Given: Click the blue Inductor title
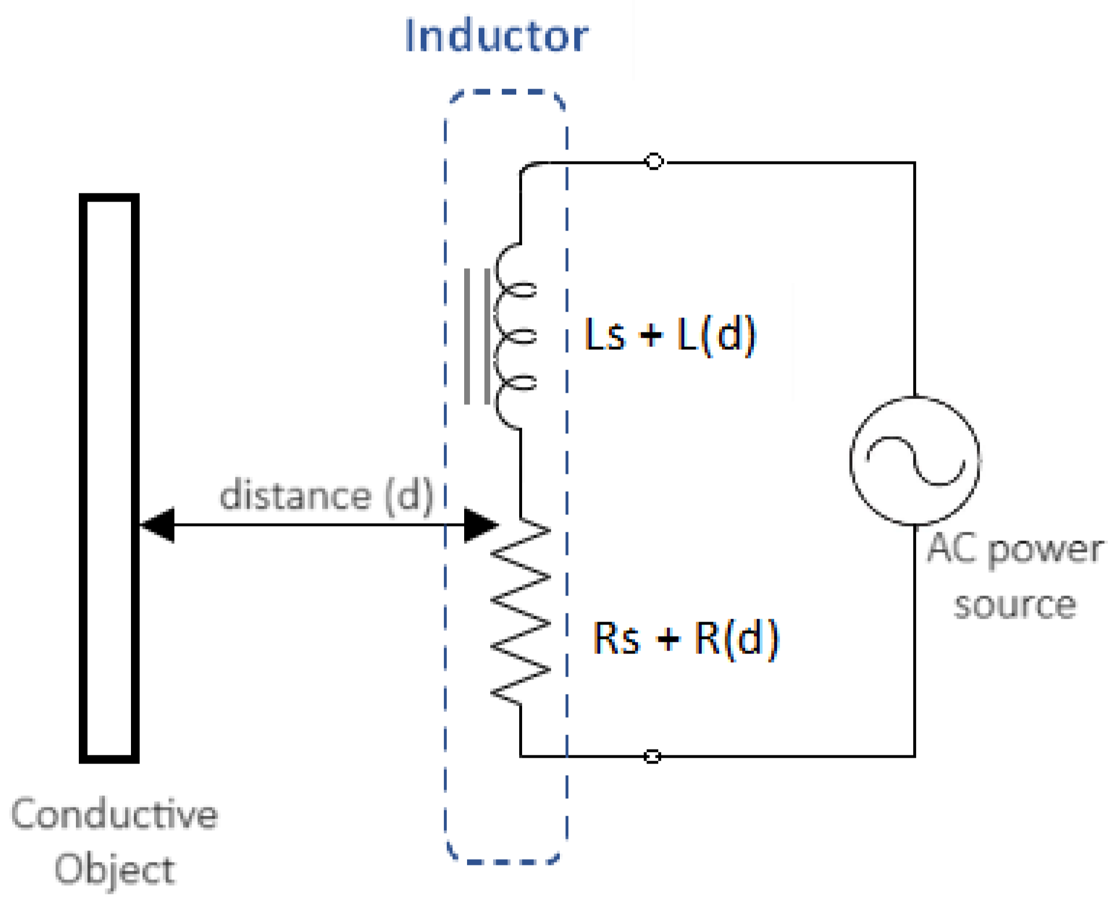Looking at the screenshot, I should [x=496, y=36].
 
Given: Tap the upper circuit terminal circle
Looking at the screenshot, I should [x=654, y=161].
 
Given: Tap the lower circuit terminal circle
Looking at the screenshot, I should [x=652, y=756].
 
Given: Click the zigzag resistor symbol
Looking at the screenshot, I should [x=520, y=611].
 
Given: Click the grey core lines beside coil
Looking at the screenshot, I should [x=477, y=336].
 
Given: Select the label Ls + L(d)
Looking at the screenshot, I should [x=670, y=335].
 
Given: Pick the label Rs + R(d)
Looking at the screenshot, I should [x=685, y=638].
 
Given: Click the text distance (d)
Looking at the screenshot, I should [x=326, y=495].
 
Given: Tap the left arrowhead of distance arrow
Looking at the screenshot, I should [x=158, y=525].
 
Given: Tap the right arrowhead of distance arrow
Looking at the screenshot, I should [x=480, y=525].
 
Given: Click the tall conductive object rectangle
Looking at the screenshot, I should [x=109, y=478].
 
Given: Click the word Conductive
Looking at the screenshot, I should [x=114, y=814].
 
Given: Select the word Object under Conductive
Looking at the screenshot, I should [x=114, y=869].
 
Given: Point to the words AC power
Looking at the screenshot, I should [x=1015, y=549].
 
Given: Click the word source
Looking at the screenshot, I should [x=1015, y=605].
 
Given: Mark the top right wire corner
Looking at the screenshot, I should [x=914, y=163].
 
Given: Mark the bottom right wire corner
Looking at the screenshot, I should [x=914, y=755].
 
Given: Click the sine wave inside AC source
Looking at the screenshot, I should [x=915, y=461].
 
